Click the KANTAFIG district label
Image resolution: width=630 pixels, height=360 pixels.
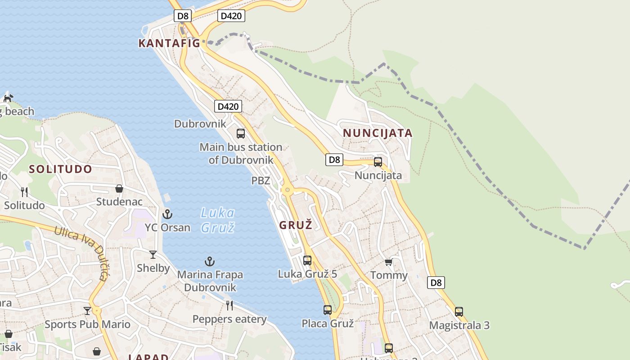169,43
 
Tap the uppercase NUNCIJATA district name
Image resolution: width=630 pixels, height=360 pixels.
378,133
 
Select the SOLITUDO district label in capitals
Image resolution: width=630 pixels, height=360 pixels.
61,169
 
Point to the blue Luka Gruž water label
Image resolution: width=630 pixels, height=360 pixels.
218,220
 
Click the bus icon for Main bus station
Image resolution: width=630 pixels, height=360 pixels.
241,133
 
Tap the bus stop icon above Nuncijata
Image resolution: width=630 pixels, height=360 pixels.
378,162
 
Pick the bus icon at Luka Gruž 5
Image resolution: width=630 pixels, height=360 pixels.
307,260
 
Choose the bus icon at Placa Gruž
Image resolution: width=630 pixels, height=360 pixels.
328,310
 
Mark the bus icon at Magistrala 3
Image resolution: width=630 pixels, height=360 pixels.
459,311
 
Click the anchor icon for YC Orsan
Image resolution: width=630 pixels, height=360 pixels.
167,214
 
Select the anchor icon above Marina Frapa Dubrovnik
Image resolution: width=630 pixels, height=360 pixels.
210,261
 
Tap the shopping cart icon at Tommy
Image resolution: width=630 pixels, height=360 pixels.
389,262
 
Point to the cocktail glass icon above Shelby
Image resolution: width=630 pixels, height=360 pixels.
153,255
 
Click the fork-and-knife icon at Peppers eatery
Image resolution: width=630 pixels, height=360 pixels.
229,306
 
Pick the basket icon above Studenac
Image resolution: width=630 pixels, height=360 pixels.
119,189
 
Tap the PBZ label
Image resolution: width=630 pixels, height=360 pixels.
261,181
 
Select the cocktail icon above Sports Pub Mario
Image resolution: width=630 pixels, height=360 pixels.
87,310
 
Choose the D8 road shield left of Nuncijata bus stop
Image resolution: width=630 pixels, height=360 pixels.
334,159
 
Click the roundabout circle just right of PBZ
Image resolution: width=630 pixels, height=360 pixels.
288,190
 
